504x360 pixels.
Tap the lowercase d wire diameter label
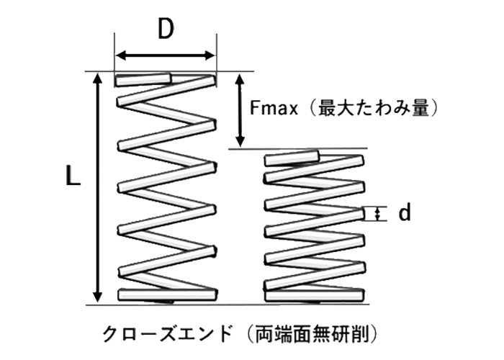405,212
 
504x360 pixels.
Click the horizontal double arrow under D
166,55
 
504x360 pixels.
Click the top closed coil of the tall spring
165,78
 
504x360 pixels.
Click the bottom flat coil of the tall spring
166,294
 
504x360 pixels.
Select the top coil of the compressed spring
292,156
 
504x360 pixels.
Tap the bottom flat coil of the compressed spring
313,294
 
